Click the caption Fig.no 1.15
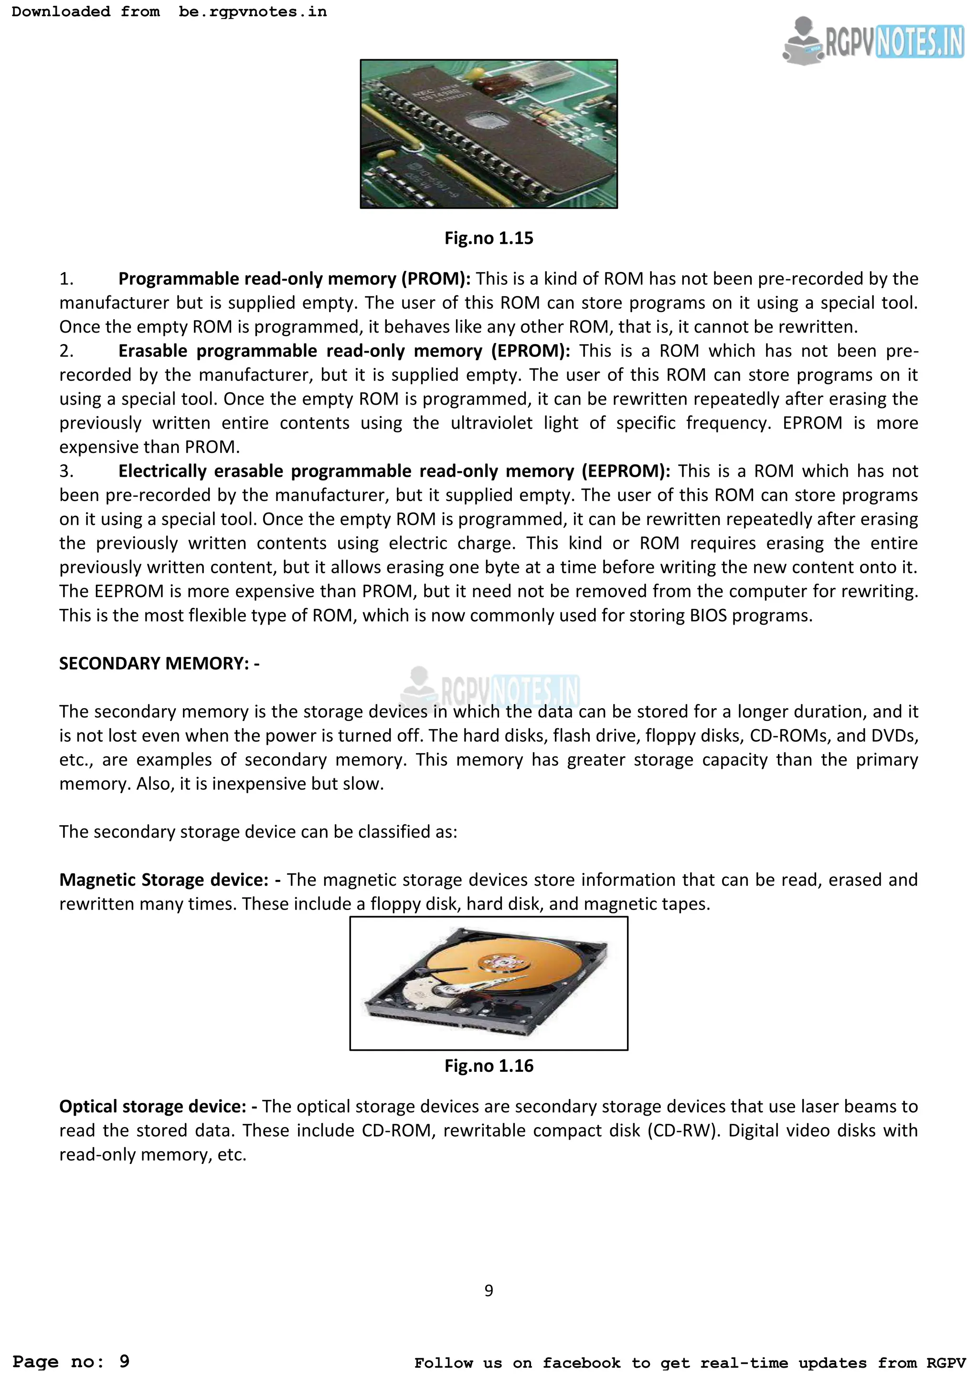pos(489,238)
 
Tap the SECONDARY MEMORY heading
pos(159,663)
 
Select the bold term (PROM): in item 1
pos(436,279)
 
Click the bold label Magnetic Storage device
pos(163,880)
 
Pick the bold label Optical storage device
pos(152,1106)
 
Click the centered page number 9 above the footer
pos(489,1290)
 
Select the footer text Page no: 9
pos(71,1361)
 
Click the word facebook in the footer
pos(581,1363)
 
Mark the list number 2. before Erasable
pos(66,351)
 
